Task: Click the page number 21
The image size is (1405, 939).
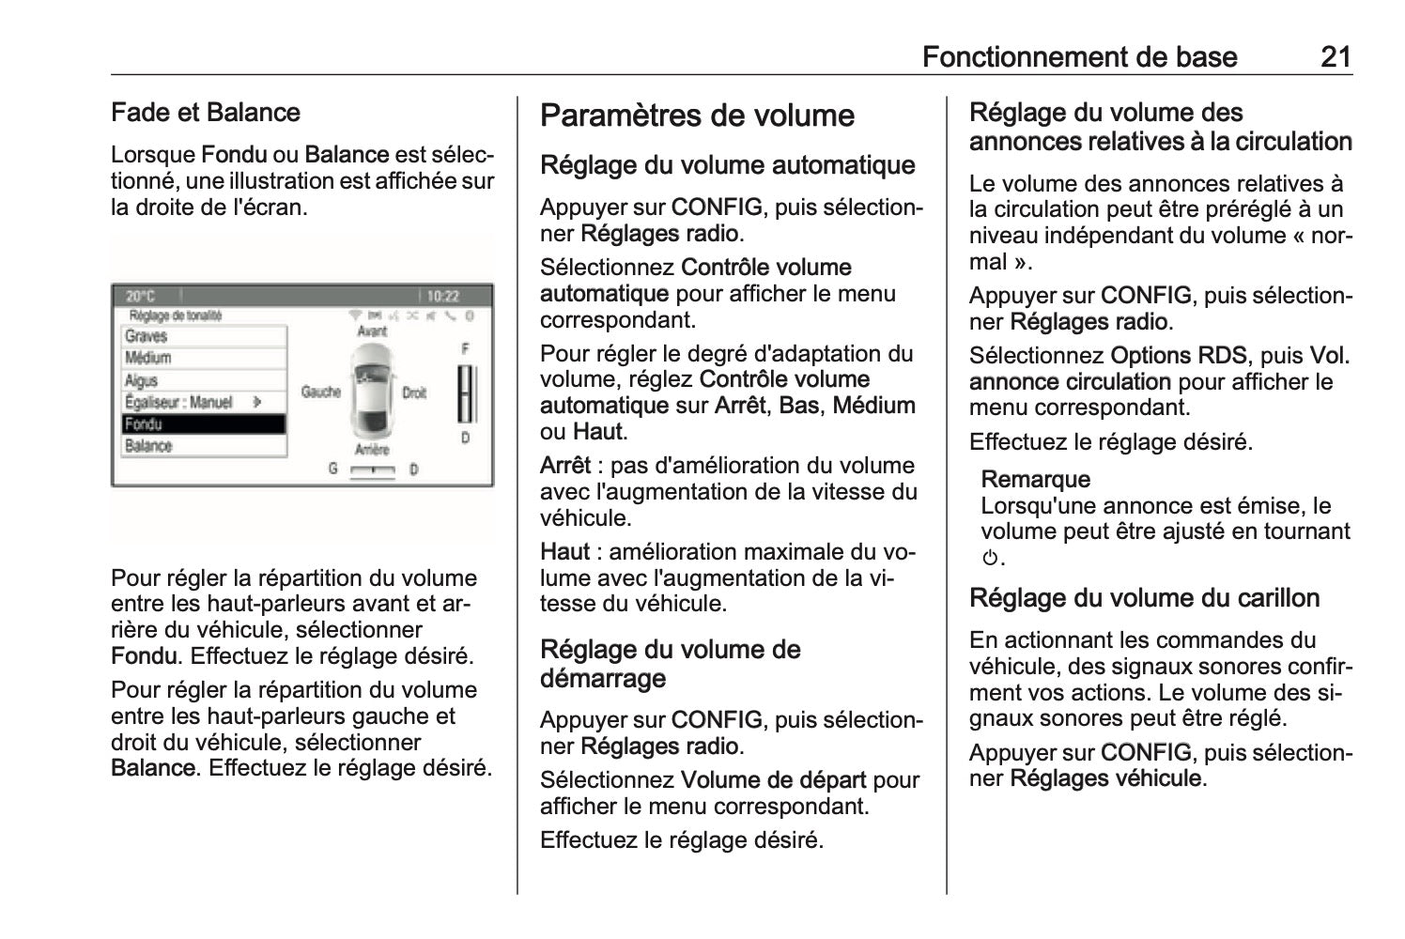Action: [1336, 56]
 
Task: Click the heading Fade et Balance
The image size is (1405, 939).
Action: [206, 113]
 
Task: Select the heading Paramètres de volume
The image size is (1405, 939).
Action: [697, 116]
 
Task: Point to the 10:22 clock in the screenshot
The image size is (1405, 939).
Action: [442, 296]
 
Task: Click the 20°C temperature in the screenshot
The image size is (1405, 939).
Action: [141, 296]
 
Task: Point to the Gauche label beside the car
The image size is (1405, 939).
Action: [320, 392]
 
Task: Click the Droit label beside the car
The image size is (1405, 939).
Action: [414, 393]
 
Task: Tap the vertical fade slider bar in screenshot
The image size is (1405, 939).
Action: [465, 394]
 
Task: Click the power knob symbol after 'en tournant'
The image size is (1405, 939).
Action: [989, 559]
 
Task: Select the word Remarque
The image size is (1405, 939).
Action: [1035, 480]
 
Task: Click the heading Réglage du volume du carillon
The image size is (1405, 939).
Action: [1144, 598]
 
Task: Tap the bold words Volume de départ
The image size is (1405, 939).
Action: [773, 780]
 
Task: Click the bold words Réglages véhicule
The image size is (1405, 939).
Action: [1104, 778]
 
